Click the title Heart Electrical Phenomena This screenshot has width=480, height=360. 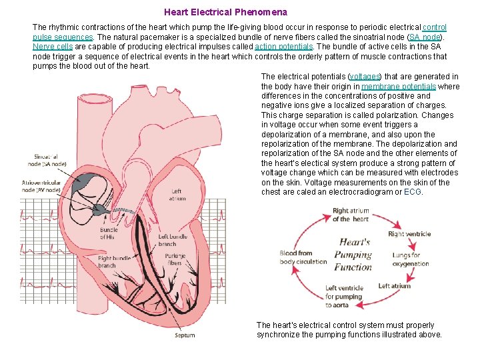click(x=226, y=12)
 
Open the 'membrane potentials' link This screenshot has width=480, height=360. click(x=399, y=87)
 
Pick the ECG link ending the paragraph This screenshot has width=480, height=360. click(x=413, y=192)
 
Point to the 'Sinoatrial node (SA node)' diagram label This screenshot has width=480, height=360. click(x=47, y=159)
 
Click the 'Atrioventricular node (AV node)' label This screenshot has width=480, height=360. click(x=41, y=185)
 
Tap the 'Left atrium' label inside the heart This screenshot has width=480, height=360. click(x=177, y=195)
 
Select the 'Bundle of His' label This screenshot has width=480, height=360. click(x=109, y=234)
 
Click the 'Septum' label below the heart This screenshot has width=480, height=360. click(x=185, y=335)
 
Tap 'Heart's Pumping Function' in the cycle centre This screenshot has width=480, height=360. click(x=353, y=254)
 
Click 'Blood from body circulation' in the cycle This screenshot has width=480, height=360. click(x=303, y=257)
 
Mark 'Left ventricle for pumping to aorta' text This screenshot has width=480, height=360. click(x=343, y=297)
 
